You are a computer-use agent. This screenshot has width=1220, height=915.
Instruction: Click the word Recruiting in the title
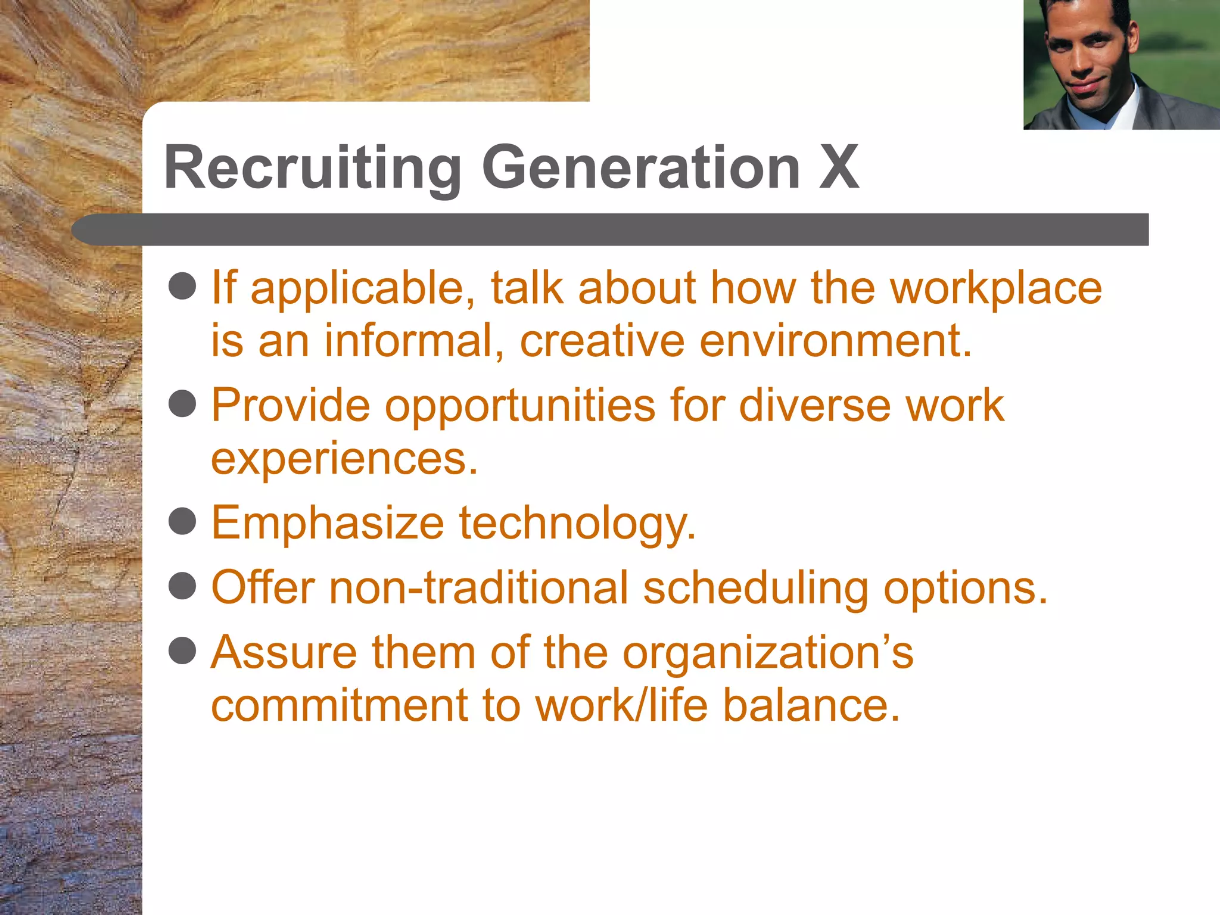point(312,169)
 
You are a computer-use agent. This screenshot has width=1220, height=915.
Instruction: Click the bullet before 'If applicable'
point(182,287)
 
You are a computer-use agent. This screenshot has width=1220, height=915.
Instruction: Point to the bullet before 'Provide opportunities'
point(182,404)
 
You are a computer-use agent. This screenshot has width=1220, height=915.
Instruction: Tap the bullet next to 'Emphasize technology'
point(182,522)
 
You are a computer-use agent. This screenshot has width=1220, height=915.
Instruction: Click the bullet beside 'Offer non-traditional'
point(182,586)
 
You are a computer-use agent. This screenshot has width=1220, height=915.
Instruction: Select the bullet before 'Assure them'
point(182,651)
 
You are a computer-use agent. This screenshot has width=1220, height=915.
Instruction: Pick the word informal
point(414,341)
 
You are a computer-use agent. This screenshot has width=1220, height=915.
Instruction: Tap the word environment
point(835,341)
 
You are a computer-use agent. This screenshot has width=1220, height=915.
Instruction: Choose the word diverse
point(814,406)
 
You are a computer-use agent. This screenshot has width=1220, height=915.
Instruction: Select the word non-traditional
point(479,587)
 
